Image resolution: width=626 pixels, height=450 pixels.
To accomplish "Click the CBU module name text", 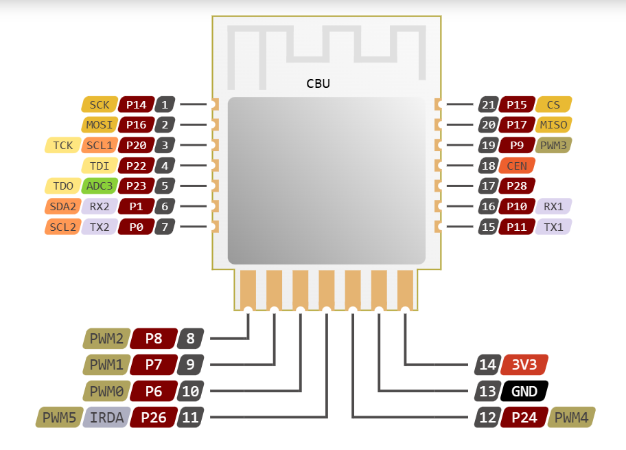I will [318, 84].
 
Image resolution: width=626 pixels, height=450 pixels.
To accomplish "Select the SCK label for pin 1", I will [100, 104].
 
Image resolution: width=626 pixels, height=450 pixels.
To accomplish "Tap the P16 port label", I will [136, 125].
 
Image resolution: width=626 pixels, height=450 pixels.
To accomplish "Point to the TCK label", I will [62, 146].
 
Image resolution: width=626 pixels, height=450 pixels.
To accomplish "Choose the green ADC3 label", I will [100, 185].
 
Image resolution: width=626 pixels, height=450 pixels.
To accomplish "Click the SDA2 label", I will [62, 206].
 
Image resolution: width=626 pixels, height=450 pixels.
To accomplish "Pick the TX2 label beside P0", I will [100, 227].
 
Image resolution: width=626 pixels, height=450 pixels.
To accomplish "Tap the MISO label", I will [554, 125].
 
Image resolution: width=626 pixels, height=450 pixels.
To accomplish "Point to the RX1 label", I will [554, 206].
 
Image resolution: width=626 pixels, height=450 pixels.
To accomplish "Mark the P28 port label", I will [517, 185].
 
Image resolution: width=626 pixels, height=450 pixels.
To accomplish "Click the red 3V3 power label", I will [524, 365].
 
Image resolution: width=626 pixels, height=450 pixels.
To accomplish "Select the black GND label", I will [524, 392].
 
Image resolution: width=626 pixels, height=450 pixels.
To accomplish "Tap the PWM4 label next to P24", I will [572, 417].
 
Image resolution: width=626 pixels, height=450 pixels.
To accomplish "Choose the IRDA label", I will [107, 417].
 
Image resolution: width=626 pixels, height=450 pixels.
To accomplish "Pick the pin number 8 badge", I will [190, 339].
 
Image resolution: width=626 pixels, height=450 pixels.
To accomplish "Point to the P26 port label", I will [154, 417].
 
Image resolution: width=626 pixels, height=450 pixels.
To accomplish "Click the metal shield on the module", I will [327, 180].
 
